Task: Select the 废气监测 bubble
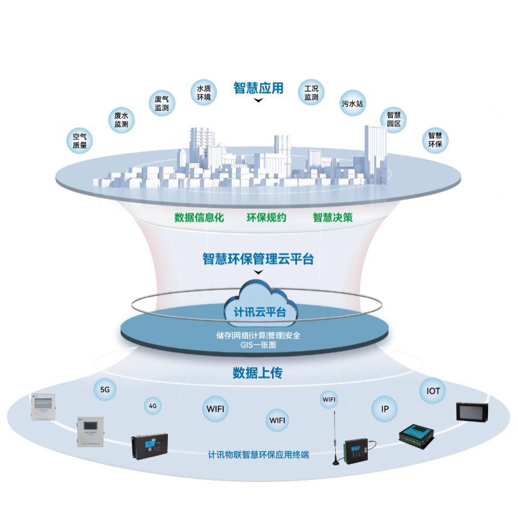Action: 162,103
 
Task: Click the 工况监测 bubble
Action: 311,93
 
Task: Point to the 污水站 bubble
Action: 352,103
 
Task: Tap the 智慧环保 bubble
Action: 435,139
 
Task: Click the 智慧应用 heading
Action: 258,88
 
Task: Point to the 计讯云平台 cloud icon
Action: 259,305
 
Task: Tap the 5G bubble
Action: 105,390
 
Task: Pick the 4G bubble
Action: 153,406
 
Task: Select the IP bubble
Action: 384,410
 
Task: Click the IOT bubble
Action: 433,391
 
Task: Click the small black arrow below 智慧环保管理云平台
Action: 257,273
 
